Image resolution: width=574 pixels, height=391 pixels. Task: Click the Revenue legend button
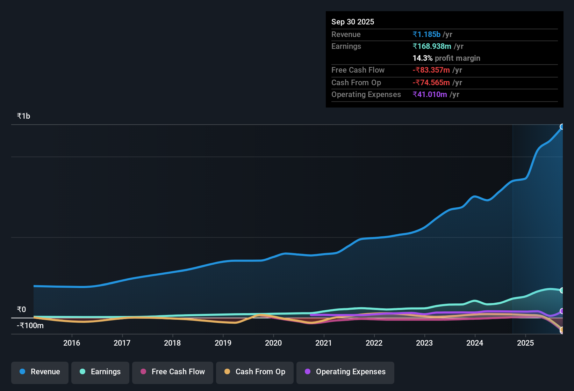[40, 372]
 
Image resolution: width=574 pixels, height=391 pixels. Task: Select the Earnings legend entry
[100, 372]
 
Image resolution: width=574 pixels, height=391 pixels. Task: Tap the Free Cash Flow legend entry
[173, 372]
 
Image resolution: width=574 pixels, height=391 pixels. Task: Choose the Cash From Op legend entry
[255, 372]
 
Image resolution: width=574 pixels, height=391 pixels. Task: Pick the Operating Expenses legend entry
[345, 372]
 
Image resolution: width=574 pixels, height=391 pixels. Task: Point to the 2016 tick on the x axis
[72, 343]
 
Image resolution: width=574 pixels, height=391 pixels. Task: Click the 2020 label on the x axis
[273, 343]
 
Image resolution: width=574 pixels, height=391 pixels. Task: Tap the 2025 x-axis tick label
[525, 343]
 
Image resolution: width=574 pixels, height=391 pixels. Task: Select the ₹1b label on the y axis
[24, 116]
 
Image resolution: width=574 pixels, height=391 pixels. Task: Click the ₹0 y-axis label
[22, 310]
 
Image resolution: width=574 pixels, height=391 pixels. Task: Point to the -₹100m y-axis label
[30, 326]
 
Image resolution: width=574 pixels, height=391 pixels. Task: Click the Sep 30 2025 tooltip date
[353, 22]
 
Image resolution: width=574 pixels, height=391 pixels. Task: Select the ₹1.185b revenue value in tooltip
[426, 35]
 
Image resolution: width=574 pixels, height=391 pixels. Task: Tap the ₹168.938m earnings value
[432, 46]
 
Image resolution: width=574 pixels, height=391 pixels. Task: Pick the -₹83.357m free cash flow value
[431, 70]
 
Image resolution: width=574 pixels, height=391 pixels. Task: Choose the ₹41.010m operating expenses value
[430, 95]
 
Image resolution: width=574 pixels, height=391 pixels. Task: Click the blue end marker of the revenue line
[562, 127]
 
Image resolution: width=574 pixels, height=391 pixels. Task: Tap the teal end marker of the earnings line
[562, 290]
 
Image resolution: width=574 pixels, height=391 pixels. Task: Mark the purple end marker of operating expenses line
[562, 311]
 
